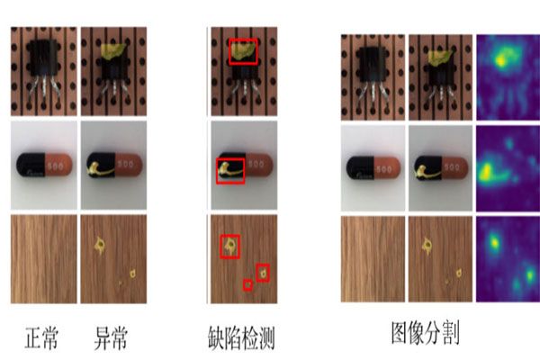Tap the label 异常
point(112,338)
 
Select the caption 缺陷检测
point(238,338)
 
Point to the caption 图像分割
point(426,334)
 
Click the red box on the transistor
point(243,51)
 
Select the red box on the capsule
point(230,169)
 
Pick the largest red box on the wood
point(230,246)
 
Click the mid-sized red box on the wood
point(262,271)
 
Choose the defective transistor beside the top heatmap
point(440,76)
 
